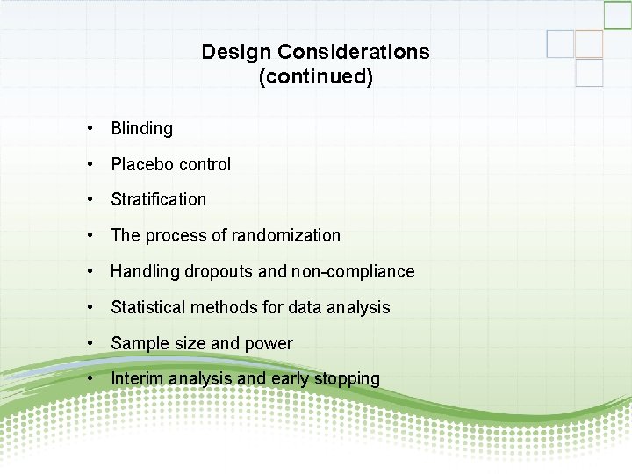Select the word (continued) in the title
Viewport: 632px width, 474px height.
[316, 77]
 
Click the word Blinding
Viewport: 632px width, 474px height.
[142, 128]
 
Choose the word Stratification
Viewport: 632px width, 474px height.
[159, 199]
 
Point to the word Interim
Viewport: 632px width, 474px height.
[136, 378]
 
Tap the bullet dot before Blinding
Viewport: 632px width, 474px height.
[91, 128]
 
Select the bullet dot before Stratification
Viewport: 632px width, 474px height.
[91, 199]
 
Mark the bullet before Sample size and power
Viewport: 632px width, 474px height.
[91, 343]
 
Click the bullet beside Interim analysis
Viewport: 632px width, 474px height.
[91, 378]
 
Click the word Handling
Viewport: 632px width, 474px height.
[145, 271]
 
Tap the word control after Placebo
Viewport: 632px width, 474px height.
[205, 164]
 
